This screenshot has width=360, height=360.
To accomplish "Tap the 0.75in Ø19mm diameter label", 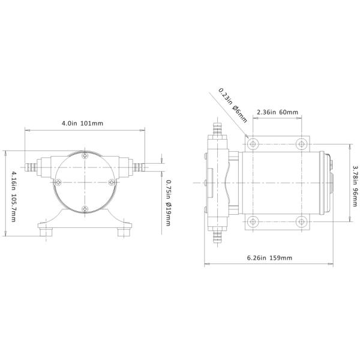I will (169, 203).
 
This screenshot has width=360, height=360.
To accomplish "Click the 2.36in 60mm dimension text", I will (277, 112).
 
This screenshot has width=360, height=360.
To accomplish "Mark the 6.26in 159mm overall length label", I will (269, 258).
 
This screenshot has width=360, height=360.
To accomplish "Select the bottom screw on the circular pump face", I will (85, 208).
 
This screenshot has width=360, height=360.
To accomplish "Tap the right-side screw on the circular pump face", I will (111, 182).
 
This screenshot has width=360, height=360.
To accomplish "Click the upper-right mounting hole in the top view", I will (301, 144).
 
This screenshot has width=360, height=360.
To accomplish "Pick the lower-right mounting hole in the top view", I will (301, 221).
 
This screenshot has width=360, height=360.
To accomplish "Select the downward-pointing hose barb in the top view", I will (217, 238).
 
